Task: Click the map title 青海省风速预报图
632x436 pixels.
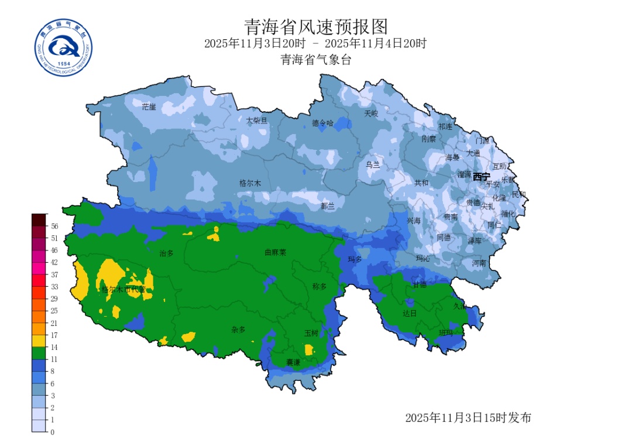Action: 316,26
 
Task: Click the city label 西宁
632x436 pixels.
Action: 482,177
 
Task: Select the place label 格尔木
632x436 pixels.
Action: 250,183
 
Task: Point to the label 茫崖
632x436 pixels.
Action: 149,107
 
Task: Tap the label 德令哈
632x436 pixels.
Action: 322,123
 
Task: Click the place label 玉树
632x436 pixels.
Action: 311,333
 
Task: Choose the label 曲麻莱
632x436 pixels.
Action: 275,253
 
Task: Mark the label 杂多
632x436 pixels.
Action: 238,329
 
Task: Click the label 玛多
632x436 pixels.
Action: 355,259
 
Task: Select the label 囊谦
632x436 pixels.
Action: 293,362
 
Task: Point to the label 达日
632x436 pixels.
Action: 409,314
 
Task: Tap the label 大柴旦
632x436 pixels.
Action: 256,121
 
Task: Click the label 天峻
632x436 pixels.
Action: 371,113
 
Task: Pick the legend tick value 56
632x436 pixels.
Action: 54,226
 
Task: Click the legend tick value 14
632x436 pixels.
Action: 54,347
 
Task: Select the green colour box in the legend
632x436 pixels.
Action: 39,353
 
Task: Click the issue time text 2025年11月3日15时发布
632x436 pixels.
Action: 468,418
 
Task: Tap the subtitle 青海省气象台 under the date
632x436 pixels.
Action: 316,60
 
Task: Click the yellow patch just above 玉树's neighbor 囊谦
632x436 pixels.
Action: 309,350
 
